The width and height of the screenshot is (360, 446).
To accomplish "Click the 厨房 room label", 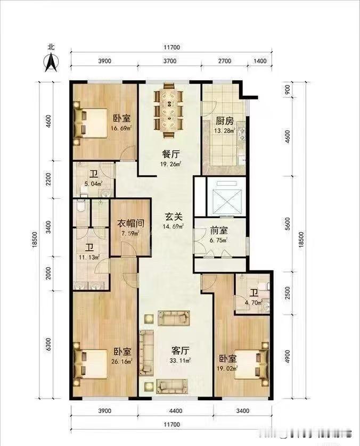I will click(x=224, y=121).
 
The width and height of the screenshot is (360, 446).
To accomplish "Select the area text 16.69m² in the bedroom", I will click(x=121, y=128).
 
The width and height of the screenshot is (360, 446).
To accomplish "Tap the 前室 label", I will click(x=218, y=232).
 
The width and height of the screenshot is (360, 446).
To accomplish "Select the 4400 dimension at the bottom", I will click(x=175, y=410).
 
